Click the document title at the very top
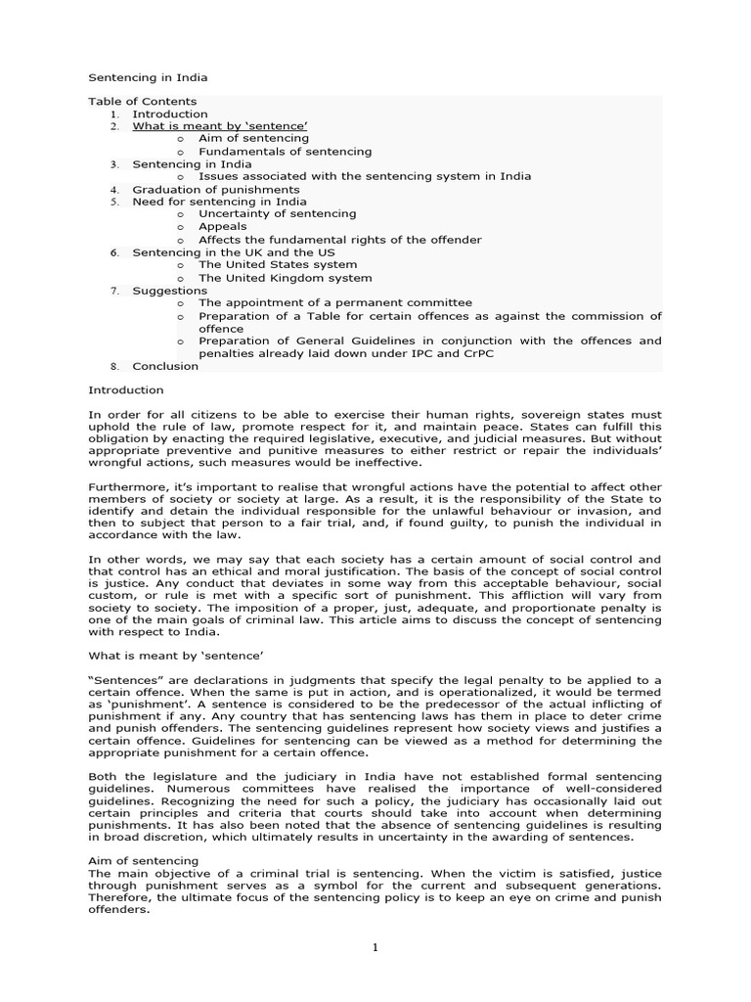tap(148, 77)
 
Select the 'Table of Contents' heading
tap(143, 102)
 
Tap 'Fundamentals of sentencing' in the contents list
tap(285, 152)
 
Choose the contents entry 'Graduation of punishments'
tap(216, 189)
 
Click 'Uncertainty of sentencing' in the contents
tap(277, 213)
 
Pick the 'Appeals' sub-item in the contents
tap(223, 226)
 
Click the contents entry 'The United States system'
tap(278, 264)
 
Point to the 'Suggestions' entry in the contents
tap(169, 291)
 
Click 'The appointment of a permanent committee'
tap(334, 303)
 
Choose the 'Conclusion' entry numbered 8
tap(165, 366)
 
